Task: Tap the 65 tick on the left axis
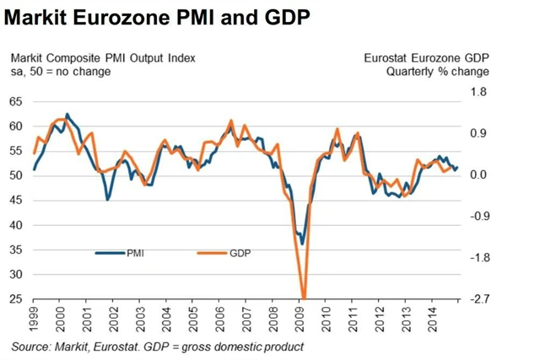(x=16, y=101)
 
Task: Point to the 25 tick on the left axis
(x=16, y=299)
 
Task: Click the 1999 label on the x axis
(x=34, y=317)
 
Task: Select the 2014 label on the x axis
(x=432, y=317)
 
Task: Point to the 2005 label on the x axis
(x=193, y=317)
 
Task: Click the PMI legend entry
(x=135, y=253)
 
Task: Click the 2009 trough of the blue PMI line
(x=302, y=244)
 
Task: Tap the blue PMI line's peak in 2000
(x=67, y=115)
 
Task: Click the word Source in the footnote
(x=31, y=347)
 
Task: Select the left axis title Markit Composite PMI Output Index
(x=103, y=58)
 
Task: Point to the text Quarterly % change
(x=437, y=72)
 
